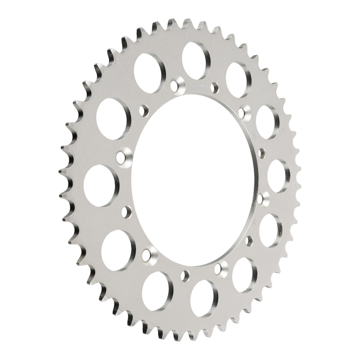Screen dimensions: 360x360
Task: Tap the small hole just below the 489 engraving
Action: (x=262, y=152)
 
